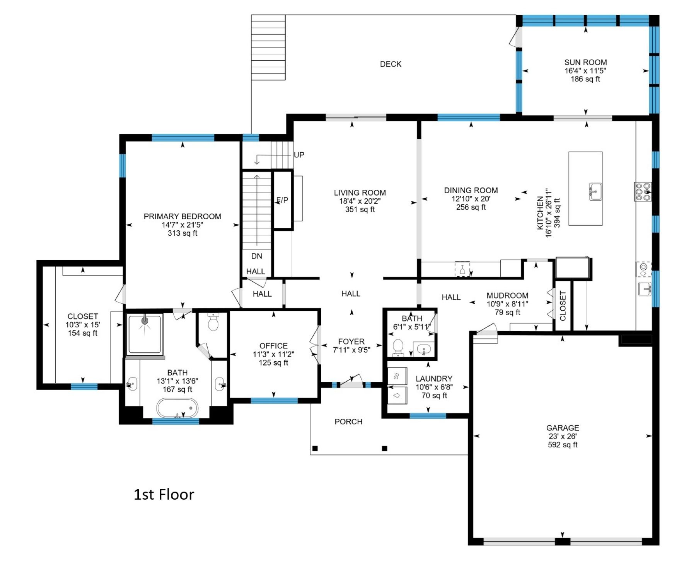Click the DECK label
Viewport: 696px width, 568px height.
(x=391, y=64)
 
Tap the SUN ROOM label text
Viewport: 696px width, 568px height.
(x=585, y=63)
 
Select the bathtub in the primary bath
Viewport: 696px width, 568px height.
(x=177, y=408)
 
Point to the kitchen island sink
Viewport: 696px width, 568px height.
(x=595, y=192)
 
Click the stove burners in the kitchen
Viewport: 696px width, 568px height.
(x=643, y=192)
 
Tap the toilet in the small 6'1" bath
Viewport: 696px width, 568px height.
(x=398, y=347)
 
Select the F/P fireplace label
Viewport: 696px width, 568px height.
(x=282, y=200)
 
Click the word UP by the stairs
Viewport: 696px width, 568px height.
(x=299, y=155)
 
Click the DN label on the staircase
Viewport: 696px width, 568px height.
(x=256, y=256)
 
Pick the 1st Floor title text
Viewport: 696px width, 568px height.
(x=164, y=495)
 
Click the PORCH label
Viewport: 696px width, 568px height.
(x=348, y=422)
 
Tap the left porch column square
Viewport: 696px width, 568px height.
(x=315, y=449)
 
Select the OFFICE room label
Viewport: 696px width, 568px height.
(x=273, y=346)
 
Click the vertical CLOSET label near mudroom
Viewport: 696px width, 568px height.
(x=563, y=306)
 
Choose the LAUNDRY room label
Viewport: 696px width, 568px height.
(x=434, y=379)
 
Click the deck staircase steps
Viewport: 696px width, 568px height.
(x=268, y=48)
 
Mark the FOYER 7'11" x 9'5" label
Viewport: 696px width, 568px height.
(x=351, y=346)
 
